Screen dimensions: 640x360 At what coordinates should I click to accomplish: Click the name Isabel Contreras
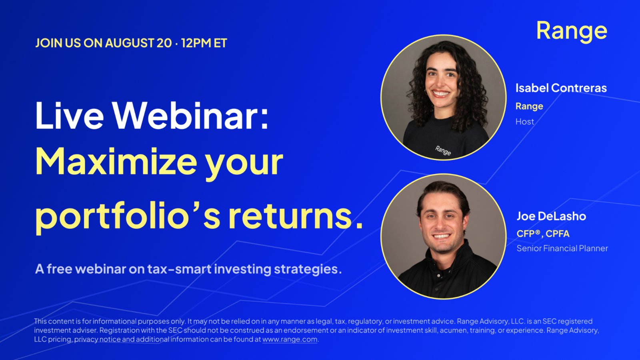(x=561, y=88)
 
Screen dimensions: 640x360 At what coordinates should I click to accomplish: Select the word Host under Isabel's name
(x=525, y=122)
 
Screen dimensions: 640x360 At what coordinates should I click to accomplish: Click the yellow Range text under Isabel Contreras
(x=529, y=106)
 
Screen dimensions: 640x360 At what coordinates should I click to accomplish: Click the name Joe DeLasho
(x=552, y=216)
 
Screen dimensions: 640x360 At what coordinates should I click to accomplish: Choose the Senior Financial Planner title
(x=562, y=248)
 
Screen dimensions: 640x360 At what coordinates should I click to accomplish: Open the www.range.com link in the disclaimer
(x=290, y=340)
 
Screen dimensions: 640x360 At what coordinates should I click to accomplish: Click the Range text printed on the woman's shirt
(x=443, y=150)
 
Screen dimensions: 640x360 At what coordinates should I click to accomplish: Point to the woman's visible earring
(x=426, y=92)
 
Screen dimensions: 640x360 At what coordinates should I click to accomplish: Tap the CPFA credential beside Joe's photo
(x=558, y=234)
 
